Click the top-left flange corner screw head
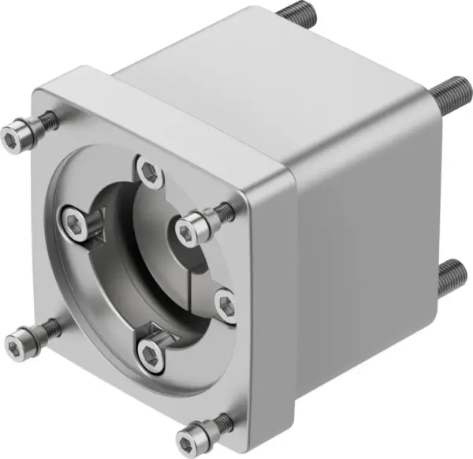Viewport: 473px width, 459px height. click(13, 137)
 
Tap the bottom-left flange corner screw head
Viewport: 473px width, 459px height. click(16, 341)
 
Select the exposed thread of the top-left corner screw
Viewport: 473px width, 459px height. click(47, 121)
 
